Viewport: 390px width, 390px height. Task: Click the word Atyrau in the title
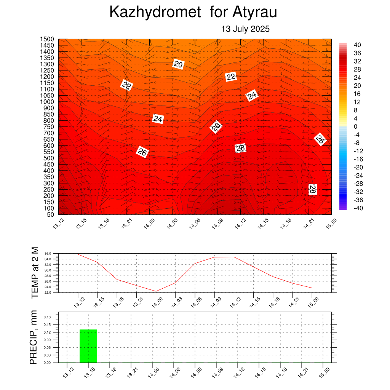tap(255, 12)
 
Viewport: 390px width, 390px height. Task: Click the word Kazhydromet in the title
tap(155, 12)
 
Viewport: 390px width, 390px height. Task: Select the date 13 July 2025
tap(246, 29)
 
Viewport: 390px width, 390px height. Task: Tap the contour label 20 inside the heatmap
tap(178, 64)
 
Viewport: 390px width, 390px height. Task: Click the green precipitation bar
tap(88, 346)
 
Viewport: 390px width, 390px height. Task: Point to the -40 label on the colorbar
tap(358, 208)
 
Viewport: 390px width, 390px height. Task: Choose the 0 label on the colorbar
tap(355, 126)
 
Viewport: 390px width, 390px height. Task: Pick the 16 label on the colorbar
tap(357, 94)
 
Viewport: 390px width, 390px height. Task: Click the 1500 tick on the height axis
tap(47, 39)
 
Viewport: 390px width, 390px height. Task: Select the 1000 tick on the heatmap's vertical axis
tap(47, 102)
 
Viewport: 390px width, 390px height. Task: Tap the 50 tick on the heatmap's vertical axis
tap(51, 215)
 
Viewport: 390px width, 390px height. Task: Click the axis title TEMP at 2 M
tap(35, 273)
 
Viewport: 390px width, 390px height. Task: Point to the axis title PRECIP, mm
tap(34, 337)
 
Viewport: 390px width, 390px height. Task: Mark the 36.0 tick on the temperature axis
tap(48, 254)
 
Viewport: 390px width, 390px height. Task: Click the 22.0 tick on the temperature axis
tap(48, 292)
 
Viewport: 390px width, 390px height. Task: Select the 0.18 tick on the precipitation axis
tap(47, 317)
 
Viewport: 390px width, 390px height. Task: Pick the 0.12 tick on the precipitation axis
tap(47, 332)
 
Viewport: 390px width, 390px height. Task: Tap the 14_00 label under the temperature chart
tap(157, 302)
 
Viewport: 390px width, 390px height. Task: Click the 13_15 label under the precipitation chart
tap(90, 372)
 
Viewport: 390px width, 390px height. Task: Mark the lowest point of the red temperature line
tap(156, 291)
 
